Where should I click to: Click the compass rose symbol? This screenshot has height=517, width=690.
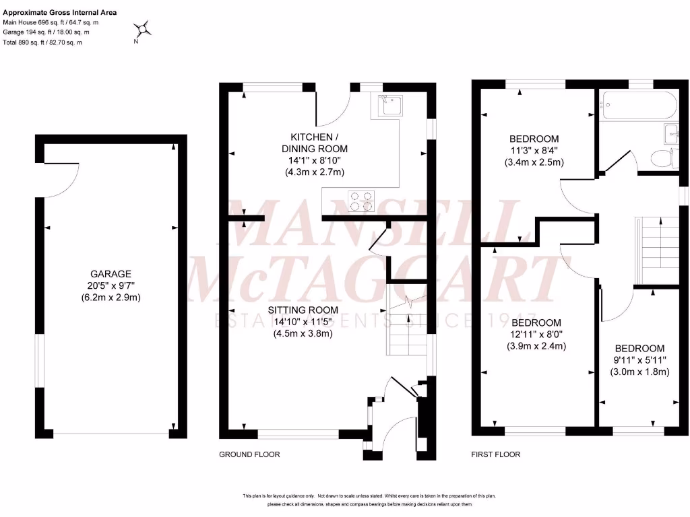144,29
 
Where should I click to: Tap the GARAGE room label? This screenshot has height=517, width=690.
111,274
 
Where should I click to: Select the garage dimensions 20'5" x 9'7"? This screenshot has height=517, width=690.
111,285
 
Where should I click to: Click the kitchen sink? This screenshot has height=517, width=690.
390,105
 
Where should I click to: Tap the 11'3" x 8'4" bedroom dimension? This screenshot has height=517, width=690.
534,151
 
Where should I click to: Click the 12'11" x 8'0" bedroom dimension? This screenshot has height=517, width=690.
536,335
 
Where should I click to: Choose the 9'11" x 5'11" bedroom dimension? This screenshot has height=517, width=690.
639,360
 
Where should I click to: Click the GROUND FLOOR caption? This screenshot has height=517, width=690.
249,455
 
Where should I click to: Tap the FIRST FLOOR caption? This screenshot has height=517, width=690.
495,455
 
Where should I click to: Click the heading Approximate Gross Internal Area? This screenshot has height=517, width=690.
60,12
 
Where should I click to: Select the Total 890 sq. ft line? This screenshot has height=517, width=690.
42,42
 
